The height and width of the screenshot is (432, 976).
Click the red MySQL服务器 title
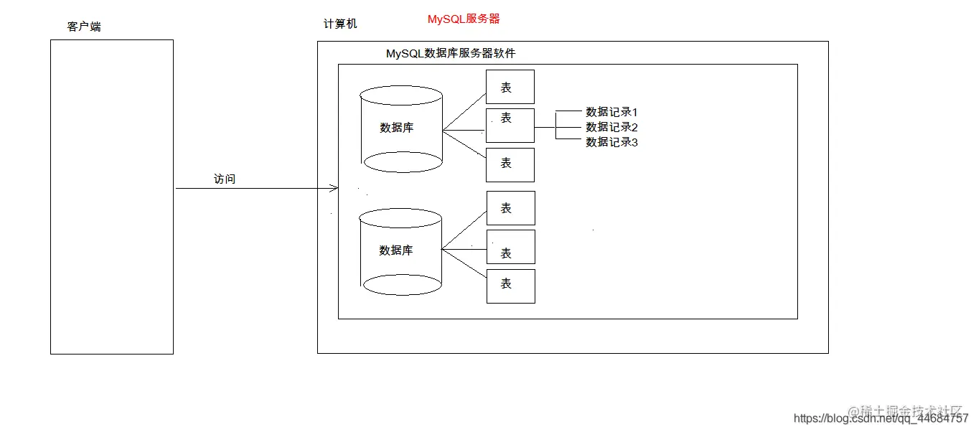464,19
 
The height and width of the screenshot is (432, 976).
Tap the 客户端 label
84,27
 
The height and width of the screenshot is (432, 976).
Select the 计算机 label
340,24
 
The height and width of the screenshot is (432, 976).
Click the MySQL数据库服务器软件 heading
451,53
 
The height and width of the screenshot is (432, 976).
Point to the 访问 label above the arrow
225,179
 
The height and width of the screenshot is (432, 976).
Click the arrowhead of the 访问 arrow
334,189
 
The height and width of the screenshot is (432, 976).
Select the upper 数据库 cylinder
402,129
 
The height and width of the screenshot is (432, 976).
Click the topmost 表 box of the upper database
510,87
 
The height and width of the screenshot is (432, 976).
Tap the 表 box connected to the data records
510,126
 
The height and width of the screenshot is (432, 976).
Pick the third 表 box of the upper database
510,164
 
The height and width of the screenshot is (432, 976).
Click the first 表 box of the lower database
510,208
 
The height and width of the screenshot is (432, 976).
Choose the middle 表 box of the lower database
510,247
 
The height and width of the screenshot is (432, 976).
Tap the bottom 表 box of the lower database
510,286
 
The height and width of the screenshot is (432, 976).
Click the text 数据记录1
611,112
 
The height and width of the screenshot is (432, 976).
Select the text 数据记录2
611,127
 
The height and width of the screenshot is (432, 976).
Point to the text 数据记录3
611,142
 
